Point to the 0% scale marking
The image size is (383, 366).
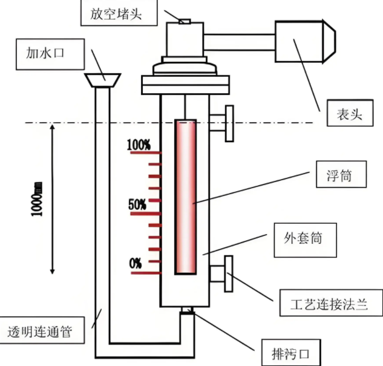coord(136,263)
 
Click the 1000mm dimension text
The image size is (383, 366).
coord(38,200)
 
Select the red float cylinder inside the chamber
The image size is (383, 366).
coord(186,197)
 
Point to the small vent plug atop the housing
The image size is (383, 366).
coord(185,22)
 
